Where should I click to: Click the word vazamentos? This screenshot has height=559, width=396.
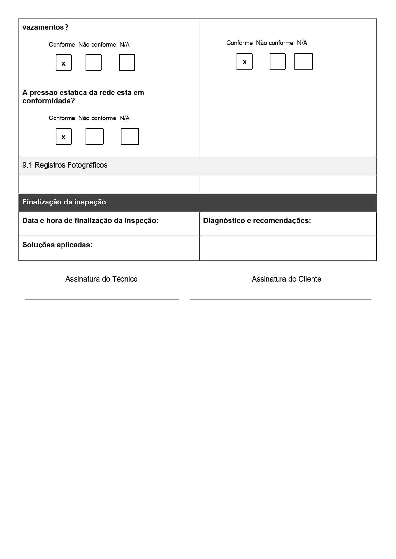[45, 27]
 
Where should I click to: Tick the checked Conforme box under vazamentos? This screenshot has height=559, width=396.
[64, 63]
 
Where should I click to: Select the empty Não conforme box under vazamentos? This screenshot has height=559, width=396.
[94, 63]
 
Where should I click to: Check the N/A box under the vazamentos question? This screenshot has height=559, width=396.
[127, 63]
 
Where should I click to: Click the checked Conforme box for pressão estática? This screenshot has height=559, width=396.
[64, 137]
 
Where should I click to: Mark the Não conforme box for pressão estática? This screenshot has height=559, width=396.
[95, 137]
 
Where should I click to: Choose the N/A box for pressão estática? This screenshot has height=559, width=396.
[130, 137]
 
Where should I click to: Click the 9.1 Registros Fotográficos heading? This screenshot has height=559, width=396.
[65, 165]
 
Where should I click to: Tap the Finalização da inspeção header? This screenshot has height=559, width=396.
[64, 202]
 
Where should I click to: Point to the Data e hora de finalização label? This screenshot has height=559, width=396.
[90, 220]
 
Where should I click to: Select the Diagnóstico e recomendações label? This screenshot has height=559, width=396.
[257, 220]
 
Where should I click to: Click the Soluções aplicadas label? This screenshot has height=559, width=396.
[57, 245]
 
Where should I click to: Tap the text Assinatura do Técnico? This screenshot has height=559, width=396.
[101, 279]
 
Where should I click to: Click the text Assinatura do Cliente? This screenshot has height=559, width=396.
[286, 279]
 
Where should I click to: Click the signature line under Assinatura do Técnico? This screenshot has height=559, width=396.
[101, 299]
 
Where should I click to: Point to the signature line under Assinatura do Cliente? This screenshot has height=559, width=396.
[281, 299]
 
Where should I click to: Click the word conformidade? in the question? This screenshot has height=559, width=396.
[48, 101]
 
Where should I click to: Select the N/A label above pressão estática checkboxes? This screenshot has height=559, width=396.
[125, 118]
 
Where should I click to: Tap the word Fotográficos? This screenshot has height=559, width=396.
[88, 165]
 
